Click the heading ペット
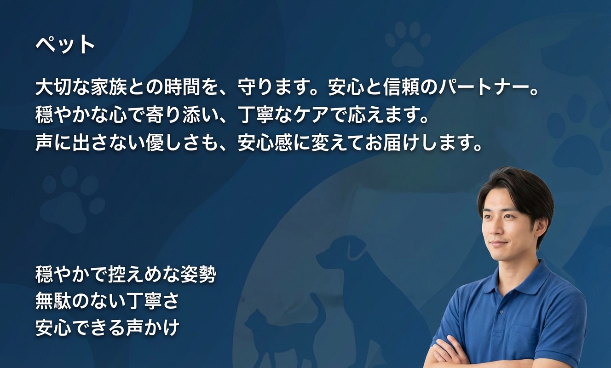click(x=65, y=45)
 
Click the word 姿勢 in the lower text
click(x=199, y=274)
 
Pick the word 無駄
click(x=53, y=300)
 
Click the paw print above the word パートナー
click(x=408, y=44)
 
